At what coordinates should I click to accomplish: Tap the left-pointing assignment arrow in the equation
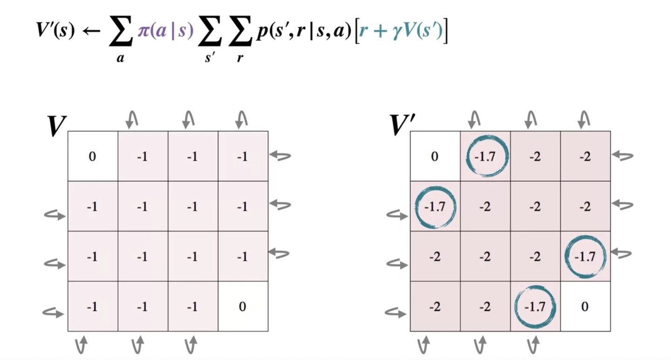tap(92, 31)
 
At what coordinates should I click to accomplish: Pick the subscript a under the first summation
tap(120, 59)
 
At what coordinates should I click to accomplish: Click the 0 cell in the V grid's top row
tap(92, 156)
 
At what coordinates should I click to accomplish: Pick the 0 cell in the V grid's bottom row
tap(242, 306)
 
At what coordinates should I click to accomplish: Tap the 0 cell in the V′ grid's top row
tap(435, 156)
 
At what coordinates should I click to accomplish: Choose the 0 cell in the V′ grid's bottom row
tap(585, 306)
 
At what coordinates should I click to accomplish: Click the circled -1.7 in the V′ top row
tap(485, 156)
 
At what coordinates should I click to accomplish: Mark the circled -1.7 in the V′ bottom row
tap(535, 306)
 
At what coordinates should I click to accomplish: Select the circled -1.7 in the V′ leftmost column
tap(435, 206)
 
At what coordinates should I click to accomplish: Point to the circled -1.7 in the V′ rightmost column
tap(585, 256)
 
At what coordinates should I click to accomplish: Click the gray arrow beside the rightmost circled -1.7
tap(621, 254)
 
